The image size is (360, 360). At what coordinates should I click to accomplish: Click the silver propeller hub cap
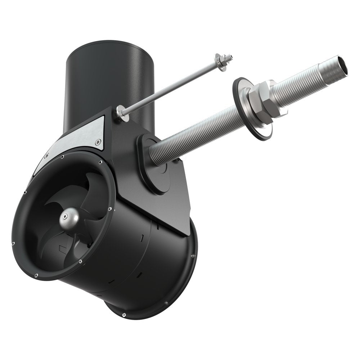coord(69,219)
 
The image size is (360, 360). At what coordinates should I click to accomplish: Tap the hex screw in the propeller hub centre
coord(64,217)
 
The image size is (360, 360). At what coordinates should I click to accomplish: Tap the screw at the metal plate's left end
coord(47,156)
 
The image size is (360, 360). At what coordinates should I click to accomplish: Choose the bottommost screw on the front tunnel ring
coord(36,275)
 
